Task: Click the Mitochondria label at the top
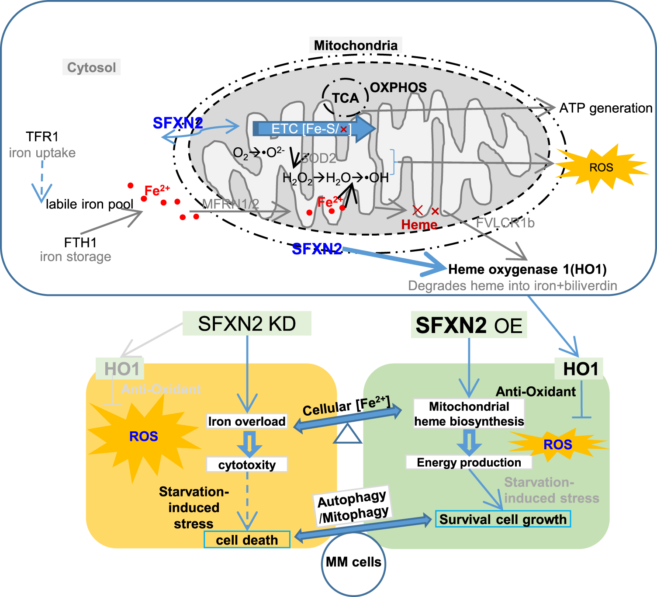356,45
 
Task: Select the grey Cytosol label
91,67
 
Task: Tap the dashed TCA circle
345,97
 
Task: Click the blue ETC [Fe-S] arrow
313,129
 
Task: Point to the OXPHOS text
398,87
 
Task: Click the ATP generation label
605,108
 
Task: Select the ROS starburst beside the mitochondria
601,168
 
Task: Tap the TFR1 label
42,137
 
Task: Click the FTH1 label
80,242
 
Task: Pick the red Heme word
419,225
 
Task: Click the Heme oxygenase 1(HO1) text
527,269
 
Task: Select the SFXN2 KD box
247,324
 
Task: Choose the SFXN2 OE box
469,325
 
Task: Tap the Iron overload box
247,421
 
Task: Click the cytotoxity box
247,465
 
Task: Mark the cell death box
247,540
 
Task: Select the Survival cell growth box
503,519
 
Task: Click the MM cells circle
353,562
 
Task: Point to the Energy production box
469,462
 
